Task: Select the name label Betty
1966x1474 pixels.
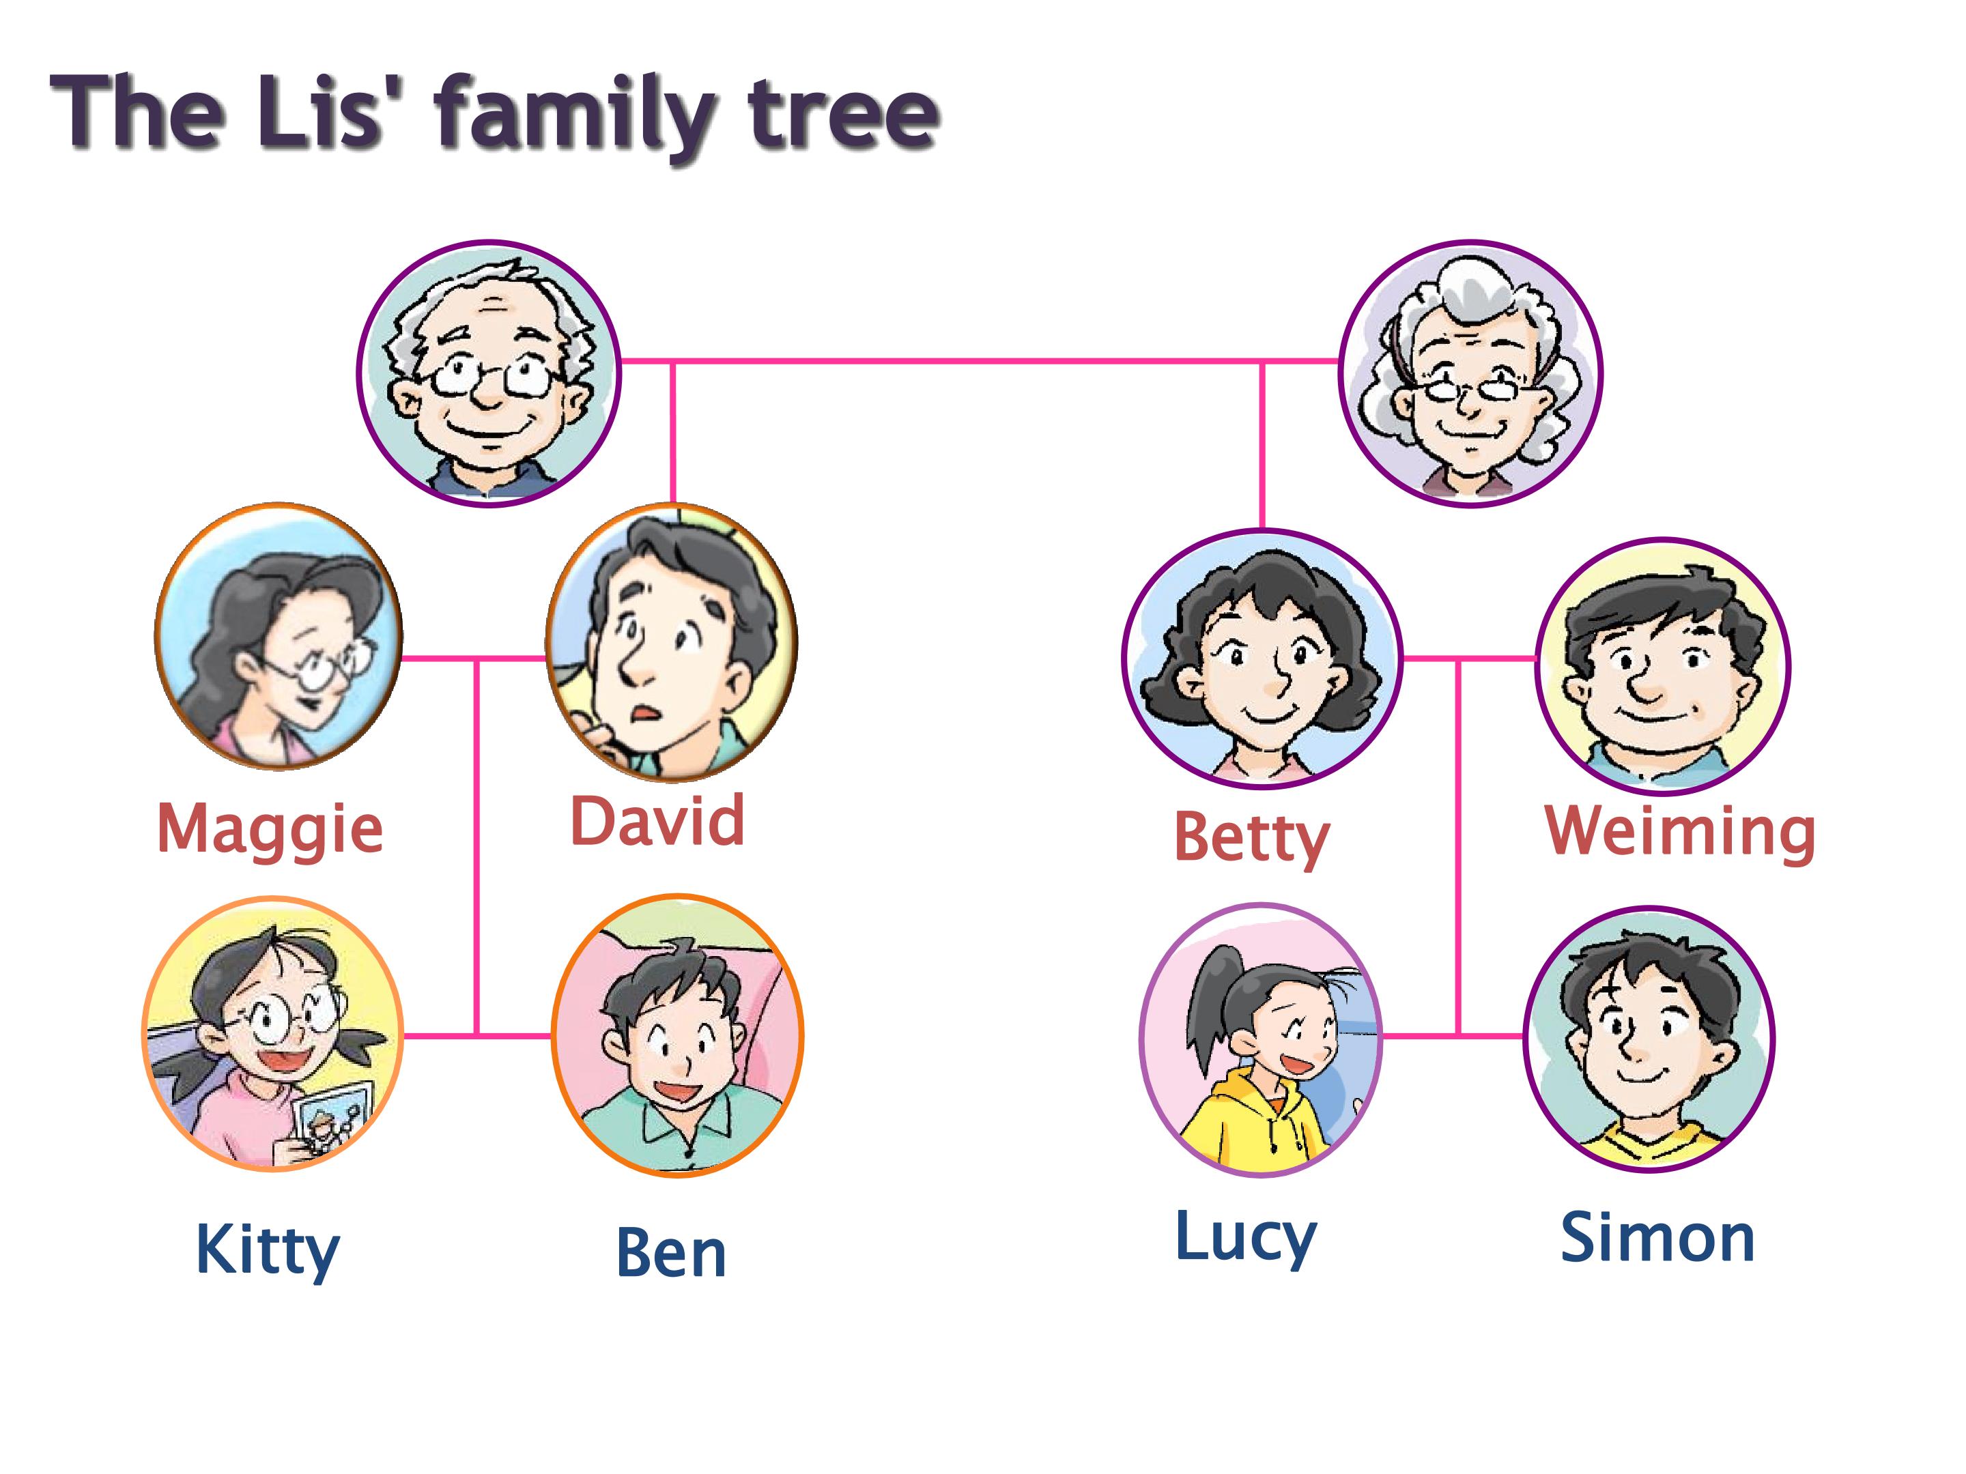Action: [x=1251, y=839]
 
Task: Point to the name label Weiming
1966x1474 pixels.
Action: [x=1681, y=832]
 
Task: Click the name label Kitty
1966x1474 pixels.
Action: [x=268, y=1251]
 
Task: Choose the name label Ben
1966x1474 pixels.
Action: [x=671, y=1253]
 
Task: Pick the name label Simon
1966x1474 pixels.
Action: [x=1657, y=1238]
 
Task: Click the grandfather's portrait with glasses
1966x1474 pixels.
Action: [x=488, y=373]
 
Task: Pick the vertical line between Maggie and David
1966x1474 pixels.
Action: [x=477, y=847]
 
